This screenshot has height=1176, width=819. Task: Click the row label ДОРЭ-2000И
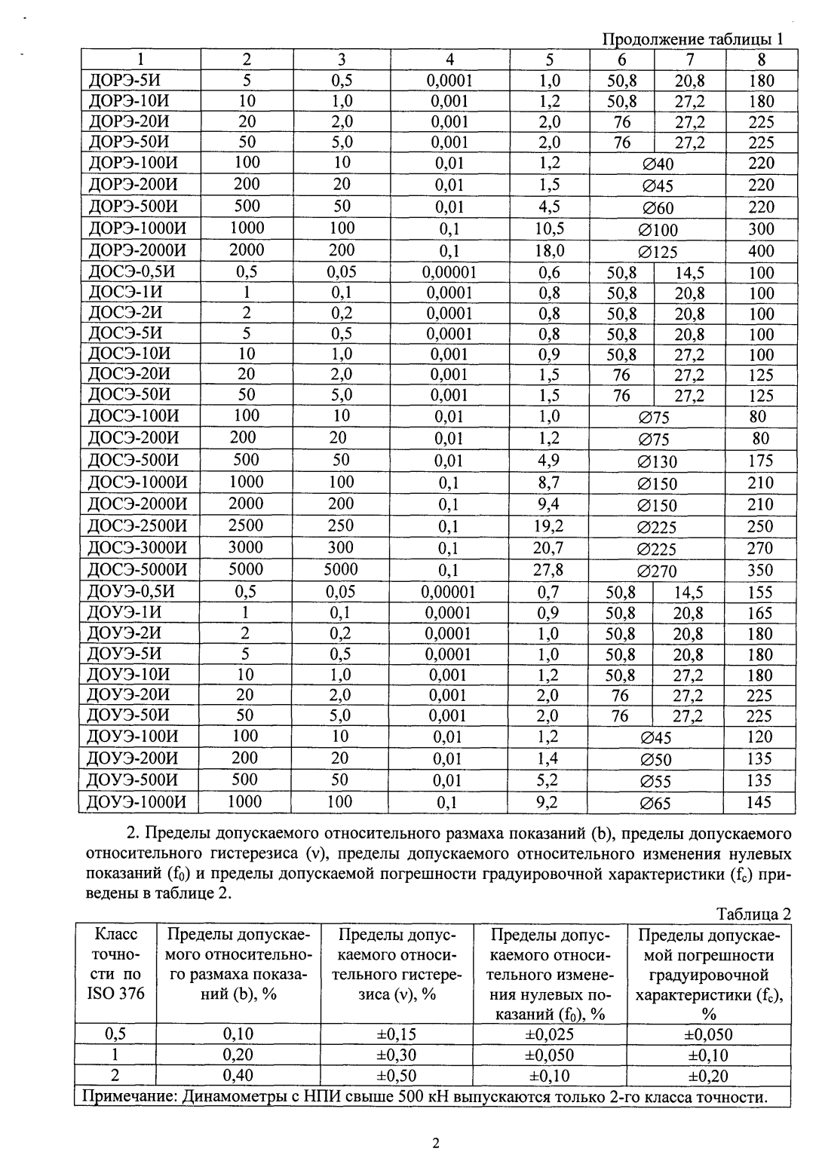click(137, 250)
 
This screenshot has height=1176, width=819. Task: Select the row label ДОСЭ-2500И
click(137, 526)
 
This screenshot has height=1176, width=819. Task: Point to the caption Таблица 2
click(753, 914)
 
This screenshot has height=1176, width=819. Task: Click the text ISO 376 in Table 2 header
click(115, 994)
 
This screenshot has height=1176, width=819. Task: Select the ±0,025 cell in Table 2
click(549, 1034)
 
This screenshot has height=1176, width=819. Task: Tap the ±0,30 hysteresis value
click(396, 1055)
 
